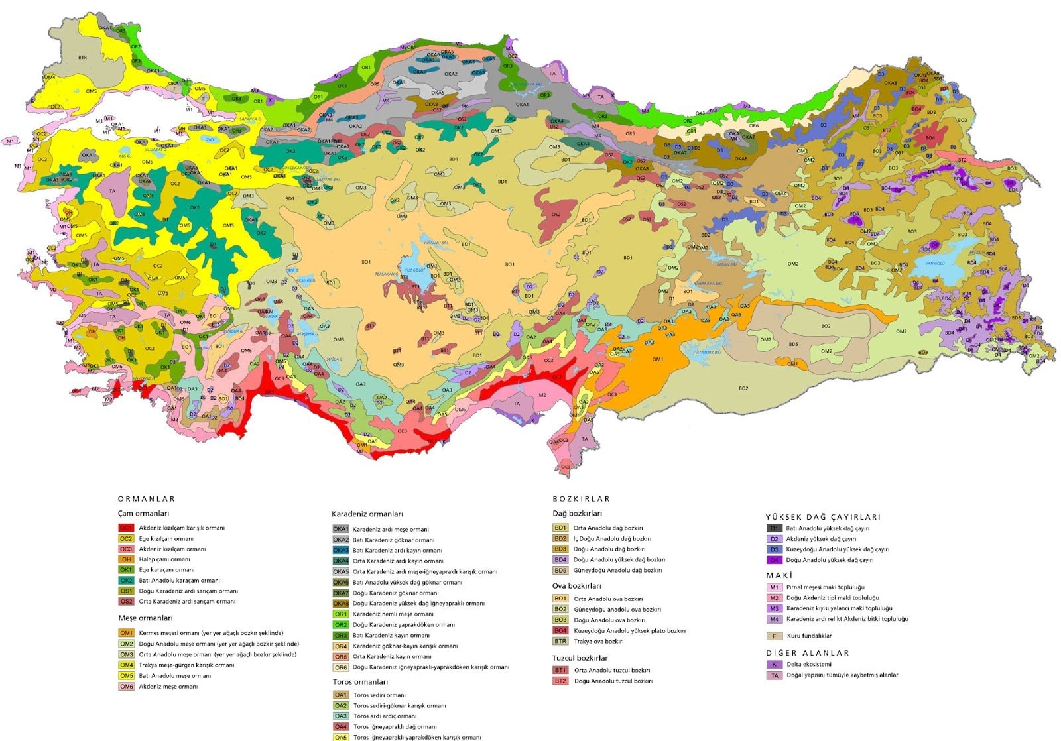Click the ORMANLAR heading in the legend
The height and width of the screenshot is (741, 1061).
click(146, 499)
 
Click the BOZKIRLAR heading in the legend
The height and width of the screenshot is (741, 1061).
click(581, 499)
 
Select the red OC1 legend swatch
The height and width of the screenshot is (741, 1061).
click(126, 528)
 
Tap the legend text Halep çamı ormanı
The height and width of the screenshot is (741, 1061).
click(164, 559)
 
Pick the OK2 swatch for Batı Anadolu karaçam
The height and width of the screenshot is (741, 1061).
click(126, 581)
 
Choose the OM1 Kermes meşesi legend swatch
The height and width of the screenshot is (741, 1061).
click(126, 633)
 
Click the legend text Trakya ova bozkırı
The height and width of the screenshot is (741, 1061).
click(598, 642)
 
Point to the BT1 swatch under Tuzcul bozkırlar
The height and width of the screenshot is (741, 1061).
click(560, 670)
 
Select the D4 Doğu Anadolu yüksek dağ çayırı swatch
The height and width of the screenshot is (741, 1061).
click(774, 560)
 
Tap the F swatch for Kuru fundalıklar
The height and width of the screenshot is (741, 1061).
click(774, 636)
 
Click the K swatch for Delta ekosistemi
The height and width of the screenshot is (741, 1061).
click(774, 664)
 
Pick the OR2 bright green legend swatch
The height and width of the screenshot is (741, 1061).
click(340, 625)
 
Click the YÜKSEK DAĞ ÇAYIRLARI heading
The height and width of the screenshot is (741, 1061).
click(822, 517)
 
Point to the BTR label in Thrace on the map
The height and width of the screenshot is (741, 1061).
click(82, 58)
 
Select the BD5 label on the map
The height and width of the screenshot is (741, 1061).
click(793, 344)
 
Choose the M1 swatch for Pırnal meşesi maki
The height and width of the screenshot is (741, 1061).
click(774, 587)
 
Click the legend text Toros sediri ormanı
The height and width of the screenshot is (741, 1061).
click(379, 695)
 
